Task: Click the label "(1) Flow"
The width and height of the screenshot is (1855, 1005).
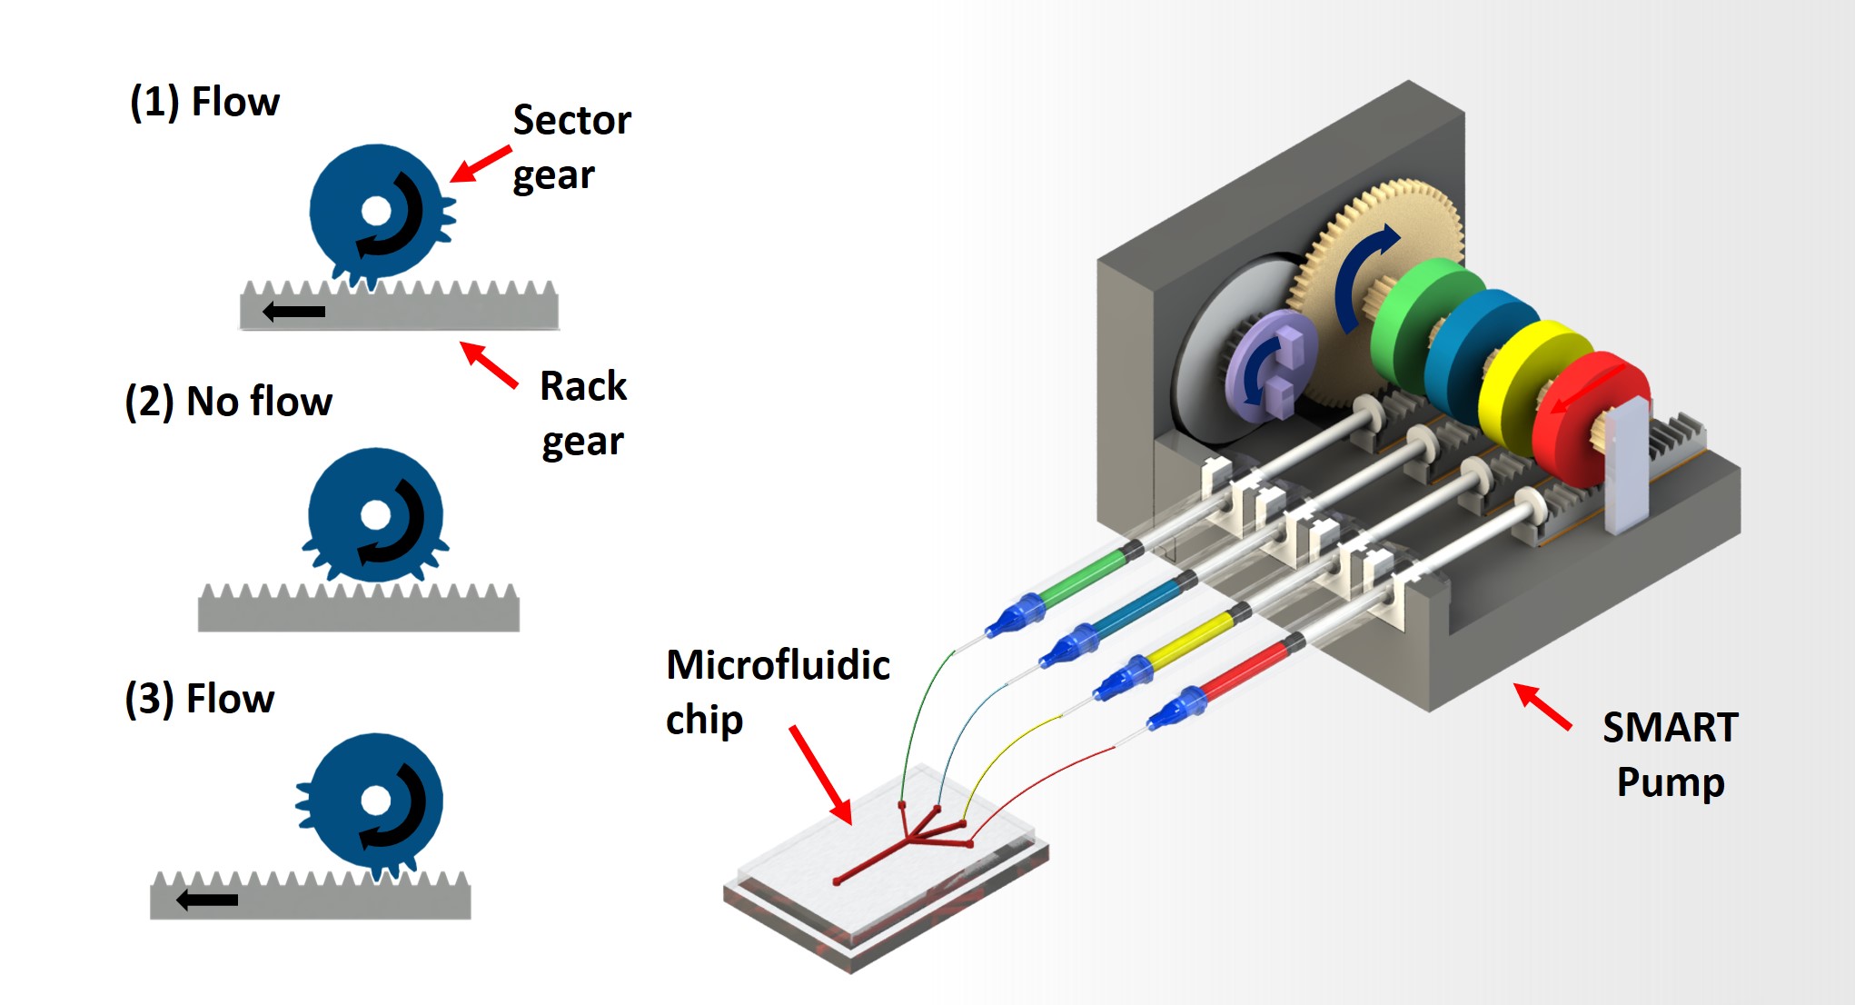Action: pos(204,102)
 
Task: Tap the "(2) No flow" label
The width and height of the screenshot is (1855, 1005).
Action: pos(228,401)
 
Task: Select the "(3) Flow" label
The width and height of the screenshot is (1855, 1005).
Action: pos(199,699)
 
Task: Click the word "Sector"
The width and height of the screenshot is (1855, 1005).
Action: pos(571,120)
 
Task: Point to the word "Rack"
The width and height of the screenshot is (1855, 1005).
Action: pos(582,386)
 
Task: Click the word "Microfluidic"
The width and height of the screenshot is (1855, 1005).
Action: pos(778,664)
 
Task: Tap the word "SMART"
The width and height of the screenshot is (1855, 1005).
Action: pos(1670,727)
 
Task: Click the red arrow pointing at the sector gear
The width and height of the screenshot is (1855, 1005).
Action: pos(481,164)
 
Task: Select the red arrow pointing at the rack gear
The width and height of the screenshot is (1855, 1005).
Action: pos(489,364)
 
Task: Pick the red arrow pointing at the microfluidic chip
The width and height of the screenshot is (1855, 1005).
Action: pos(820,775)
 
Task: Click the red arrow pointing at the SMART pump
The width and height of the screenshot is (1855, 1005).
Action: pos(1543,706)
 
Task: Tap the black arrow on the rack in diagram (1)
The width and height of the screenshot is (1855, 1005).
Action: pos(293,312)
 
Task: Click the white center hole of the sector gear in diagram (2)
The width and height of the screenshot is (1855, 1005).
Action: pos(375,515)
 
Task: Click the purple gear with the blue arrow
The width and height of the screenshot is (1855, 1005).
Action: pos(1270,364)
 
